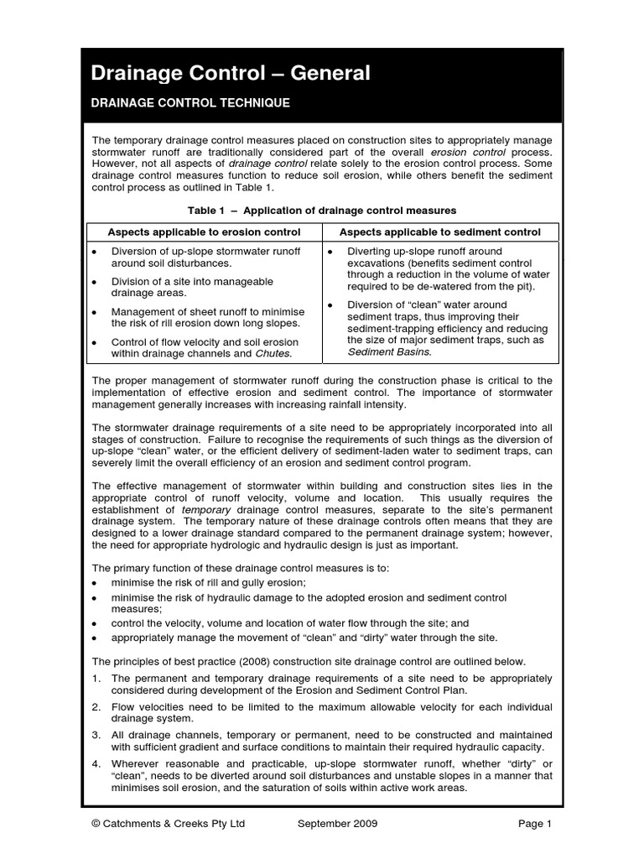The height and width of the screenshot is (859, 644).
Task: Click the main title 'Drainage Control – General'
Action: pyautogui.click(x=231, y=74)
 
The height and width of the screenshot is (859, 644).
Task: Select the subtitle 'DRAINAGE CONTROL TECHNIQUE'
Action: pyautogui.click(x=190, y=103)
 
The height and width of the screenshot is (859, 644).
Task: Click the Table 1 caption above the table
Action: pyautogui.click(x=322, y=210)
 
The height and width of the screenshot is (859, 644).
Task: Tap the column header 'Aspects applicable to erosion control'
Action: pyautogui.click(x=203, y=232)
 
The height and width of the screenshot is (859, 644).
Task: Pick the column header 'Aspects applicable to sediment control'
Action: pyautogui.click(x=439, y=232)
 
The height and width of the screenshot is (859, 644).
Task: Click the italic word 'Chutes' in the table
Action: pyautogui.click(x=273, y=354)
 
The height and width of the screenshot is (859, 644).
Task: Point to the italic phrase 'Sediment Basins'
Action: pyautogui.click(x=389, y=352)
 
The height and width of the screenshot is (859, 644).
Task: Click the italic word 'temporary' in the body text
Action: pyautogui.click(x=205, y=509)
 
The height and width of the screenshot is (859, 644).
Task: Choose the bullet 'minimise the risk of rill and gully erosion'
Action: pyautogui.click(x=208, y=582)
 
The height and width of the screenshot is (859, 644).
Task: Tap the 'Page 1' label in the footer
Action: pyautogui.click(x=534, y=824)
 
